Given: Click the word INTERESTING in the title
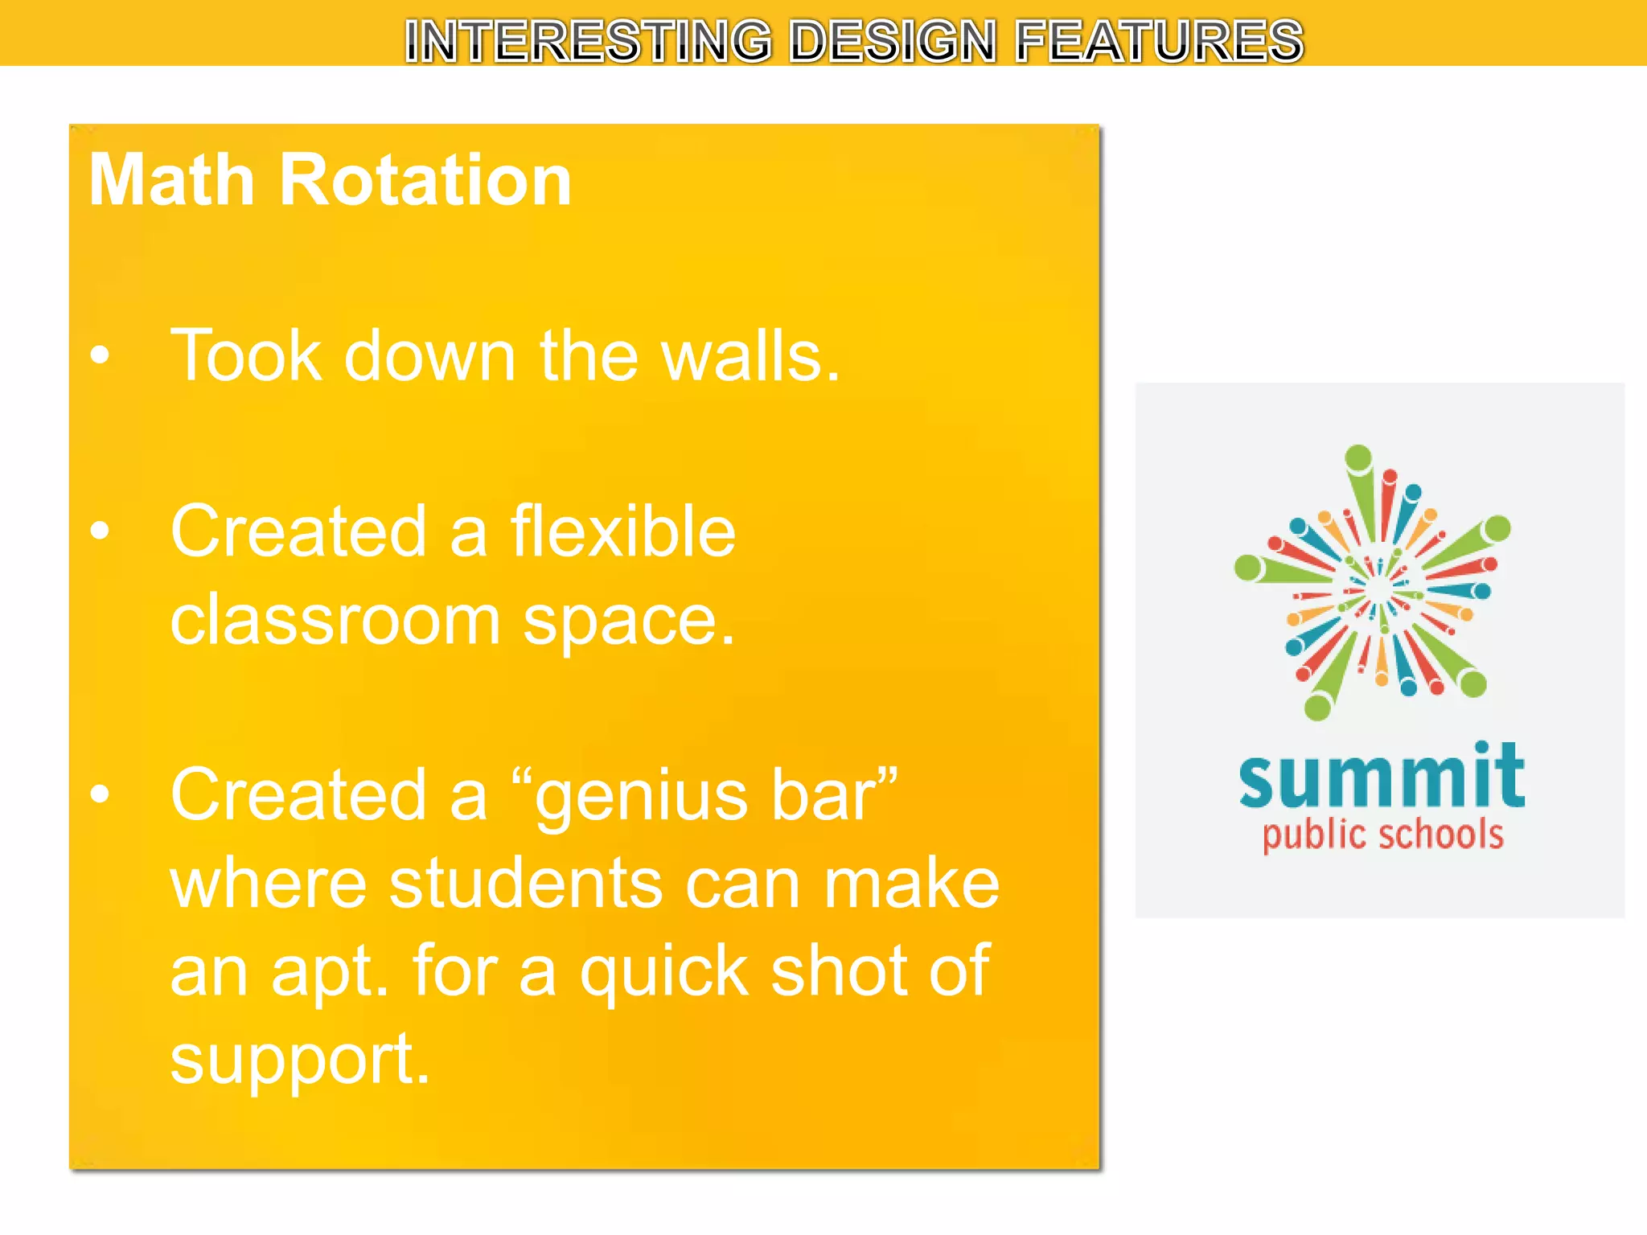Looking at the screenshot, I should [588, 41].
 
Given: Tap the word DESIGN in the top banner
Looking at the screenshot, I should [893, 41].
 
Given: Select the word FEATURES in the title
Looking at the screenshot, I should [1159, 41].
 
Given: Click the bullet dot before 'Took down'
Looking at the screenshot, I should [100, 355].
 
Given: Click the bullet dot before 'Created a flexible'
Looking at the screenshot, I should [100, 531].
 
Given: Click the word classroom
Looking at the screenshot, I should [335, 620].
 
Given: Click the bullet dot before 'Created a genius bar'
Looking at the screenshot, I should [100, 794].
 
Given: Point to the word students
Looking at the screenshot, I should [524, 884].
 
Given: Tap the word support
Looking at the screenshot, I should [299, 1061].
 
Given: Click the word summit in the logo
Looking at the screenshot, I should [1382, 776].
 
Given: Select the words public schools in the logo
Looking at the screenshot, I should [1382, 835].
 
